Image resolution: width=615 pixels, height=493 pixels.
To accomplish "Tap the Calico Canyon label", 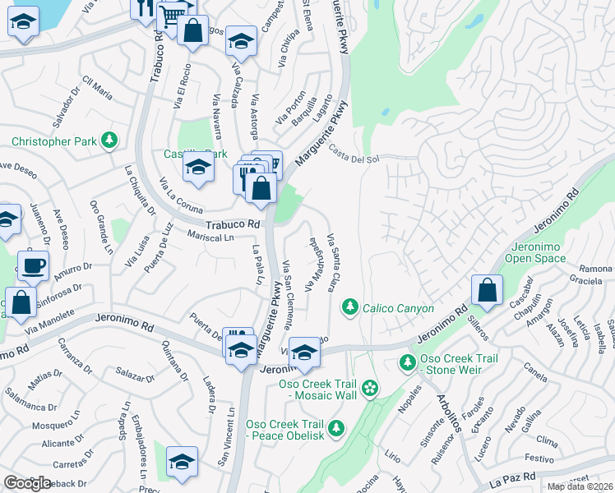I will coord(398,308).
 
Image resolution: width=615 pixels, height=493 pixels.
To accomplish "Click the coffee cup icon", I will coord(33,265).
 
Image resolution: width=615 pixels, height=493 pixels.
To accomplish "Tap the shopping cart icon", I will coord(171,14).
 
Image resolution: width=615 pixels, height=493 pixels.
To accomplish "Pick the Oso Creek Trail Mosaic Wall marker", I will coord(370,386).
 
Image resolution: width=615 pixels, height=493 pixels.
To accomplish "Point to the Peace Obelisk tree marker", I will coord(335,429).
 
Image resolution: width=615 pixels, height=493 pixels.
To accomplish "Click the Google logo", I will coord(27,483).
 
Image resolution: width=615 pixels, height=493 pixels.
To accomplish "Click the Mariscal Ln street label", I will coord(210,237).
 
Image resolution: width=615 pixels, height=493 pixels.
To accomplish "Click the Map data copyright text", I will coord(580,486).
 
